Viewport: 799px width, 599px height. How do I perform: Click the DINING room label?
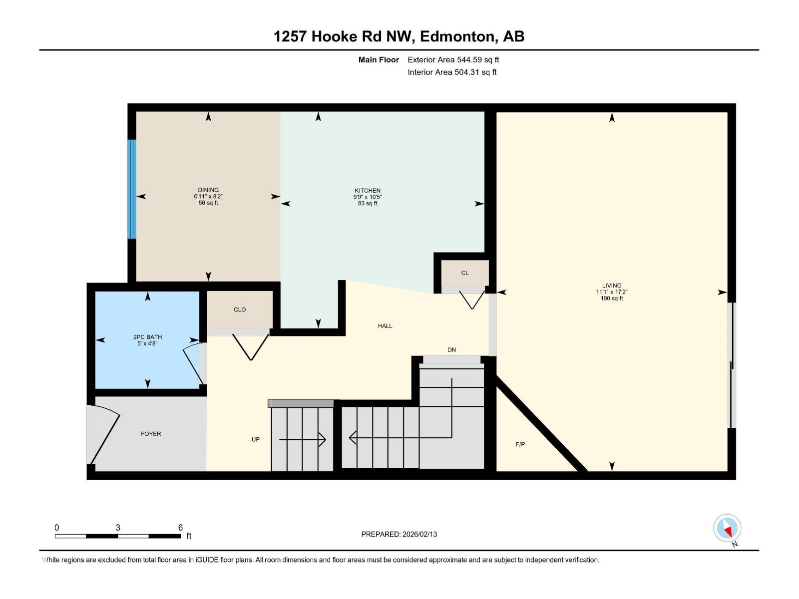tap(208, 190)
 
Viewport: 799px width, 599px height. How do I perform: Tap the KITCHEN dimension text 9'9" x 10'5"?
tap(368, 197)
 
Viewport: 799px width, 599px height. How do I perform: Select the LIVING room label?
tap(612, 286)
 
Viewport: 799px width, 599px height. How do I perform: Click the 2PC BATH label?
tap(147, 337)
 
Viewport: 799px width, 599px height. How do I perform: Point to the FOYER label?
tap(151, 434)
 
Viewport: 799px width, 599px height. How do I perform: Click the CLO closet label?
tap(240, 309)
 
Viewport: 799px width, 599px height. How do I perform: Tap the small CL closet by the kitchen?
tap(465, 273)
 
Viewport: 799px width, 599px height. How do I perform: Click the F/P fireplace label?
tap(520, 444)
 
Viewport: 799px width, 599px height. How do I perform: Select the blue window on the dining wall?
tap(132, 189)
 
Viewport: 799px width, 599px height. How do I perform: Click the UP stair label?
tap(256, 439)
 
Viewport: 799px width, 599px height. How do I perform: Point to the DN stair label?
tap(452, 350)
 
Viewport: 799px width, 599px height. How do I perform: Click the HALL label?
tap(385, 326)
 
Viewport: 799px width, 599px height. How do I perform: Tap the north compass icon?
tap(727, 529)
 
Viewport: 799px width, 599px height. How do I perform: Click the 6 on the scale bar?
tap(180, 528)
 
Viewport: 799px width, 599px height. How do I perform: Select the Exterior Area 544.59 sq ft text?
tap(453, 60)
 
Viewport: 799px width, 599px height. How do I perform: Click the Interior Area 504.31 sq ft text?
tap(452, 72)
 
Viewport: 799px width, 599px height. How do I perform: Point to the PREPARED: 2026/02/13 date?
tap(399, 534)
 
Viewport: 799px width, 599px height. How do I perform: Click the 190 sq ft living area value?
tap(612, 299)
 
